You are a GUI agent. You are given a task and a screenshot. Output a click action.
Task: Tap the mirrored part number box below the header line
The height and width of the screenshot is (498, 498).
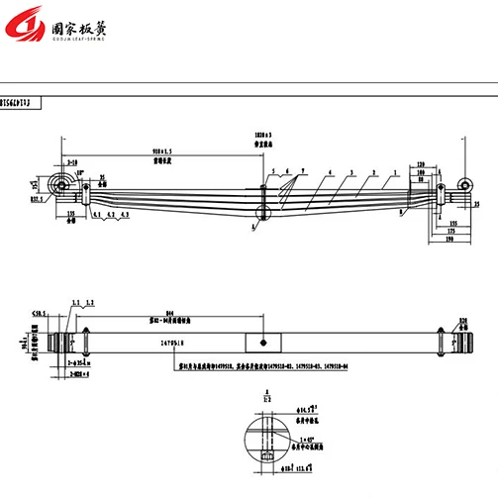coord(22,99)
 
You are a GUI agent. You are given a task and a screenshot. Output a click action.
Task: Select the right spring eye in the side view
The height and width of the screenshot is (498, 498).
coord(461,185)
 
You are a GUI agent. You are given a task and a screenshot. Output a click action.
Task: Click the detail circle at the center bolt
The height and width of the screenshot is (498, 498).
coord(262,211)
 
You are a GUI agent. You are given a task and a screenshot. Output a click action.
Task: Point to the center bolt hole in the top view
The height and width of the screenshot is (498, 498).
coord(262,342)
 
